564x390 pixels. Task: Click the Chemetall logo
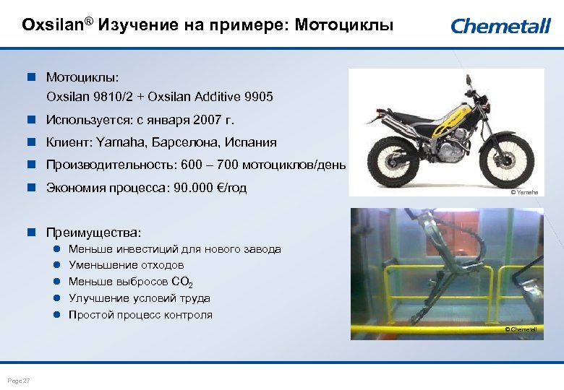tap(500, 27)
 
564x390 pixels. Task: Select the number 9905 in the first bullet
tap(259, 96)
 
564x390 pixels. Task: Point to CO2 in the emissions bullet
tap(182, 282)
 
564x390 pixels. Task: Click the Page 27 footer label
tap(19, 381)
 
